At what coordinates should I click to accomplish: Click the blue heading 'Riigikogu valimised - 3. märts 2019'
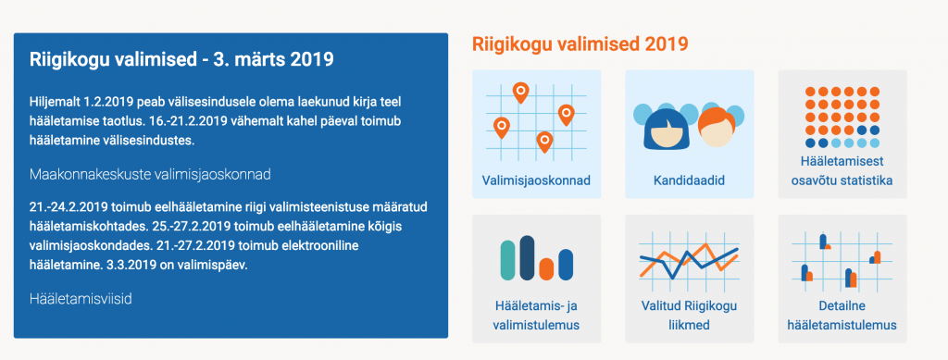click(x=181, y=60)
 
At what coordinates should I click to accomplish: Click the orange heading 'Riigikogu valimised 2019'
click(x=580, y=43)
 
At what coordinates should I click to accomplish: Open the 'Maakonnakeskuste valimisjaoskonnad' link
click(x=150, y=174)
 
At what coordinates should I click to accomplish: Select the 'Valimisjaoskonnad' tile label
click(x=536, y=180)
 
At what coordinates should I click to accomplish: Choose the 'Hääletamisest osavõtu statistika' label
click(x=842, y=170)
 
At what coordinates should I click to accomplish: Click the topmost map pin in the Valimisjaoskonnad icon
click(x=520, y=93)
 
